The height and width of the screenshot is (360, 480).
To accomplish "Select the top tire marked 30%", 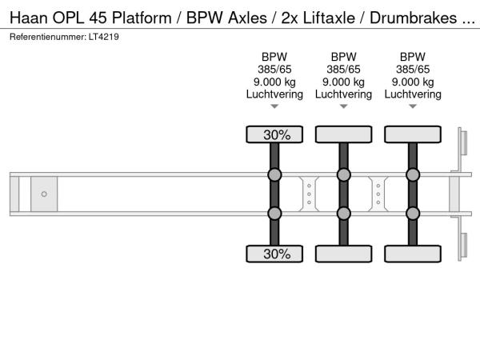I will pyautogui.click(x=274, y=134).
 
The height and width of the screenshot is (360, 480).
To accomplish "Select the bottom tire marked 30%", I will pyautogui.click(x=274, y=254).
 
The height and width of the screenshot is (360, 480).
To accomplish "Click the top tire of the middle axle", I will pyautogui.click(x=343, y=134).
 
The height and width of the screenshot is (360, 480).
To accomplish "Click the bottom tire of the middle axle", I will pyautogui.click(x=343, y=254).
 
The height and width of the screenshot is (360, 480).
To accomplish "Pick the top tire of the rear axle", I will pyautogui.click(x=413, y=134).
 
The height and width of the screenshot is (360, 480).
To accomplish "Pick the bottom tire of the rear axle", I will pyautogui.click(x=413, y=254).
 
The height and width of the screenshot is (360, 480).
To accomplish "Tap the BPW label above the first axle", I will pyautogui.click(x=274, y=57).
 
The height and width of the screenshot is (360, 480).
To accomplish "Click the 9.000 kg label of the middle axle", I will pyautogui.click(x=343, y=82).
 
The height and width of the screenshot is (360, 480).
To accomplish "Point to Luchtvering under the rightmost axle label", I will pyautogui.click(x=413, y=94).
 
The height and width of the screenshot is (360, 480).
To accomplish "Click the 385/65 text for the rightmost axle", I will pyautogui.click(x=413, y=69).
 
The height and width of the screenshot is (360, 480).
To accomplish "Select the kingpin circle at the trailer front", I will pyautogui.click(x=44, y=194).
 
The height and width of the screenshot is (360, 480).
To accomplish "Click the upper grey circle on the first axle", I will pyautogui.click(x=274, y=175).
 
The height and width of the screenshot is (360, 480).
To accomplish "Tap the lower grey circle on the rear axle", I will pyautogui.click(x=413, y=213).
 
